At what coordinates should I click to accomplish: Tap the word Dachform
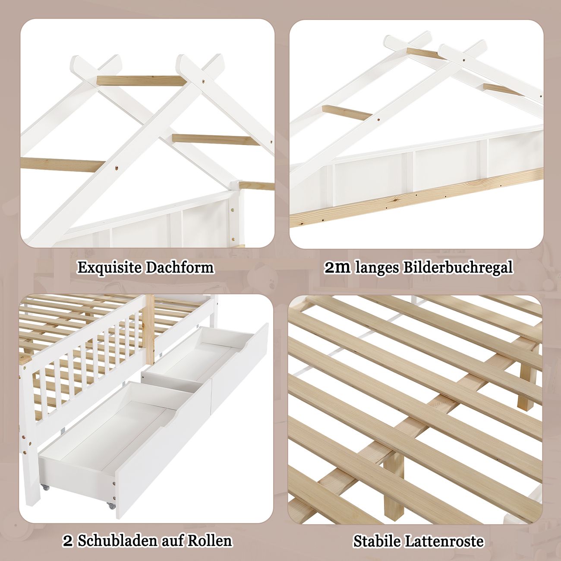(x=180, y=267)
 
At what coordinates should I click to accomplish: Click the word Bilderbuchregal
(x=458, y=268)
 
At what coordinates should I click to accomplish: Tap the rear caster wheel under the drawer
(x=45, y=487)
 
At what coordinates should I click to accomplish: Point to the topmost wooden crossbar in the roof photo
(x=142, y=81)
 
